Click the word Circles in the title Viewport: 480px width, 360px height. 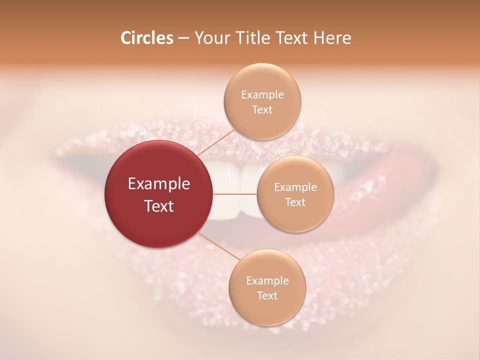point(146,38)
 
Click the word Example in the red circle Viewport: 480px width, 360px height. point(159,184)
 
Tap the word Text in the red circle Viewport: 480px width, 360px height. point(159,206)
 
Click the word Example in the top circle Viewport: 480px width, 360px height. point(262,95)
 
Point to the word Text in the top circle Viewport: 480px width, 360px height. point(262,110)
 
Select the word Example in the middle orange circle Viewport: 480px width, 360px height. point(295,187)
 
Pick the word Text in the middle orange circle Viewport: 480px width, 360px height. point(295,202)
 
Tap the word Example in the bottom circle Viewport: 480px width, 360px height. point(267,281)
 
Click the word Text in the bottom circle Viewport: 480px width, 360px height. point(267,296)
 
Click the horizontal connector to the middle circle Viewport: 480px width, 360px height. point(235,194)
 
